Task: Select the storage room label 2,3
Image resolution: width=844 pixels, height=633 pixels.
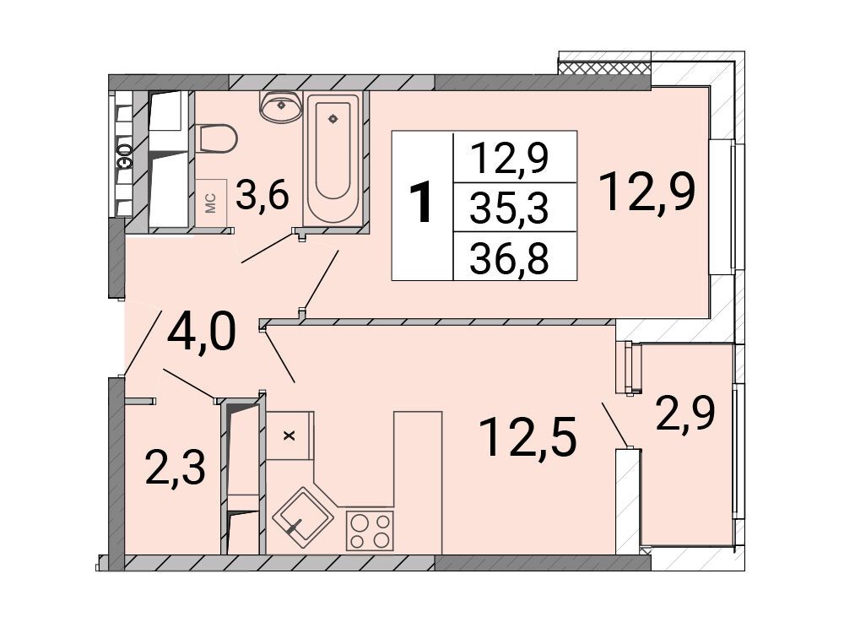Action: pos(176,468)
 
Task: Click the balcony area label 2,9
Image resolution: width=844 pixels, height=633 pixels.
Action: pos(685,414)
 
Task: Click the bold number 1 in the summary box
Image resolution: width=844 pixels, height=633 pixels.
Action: pos(421,203)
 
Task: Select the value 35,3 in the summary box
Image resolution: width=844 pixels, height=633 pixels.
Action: pos(509,208)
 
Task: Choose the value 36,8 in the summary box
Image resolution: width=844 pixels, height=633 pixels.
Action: pos(509,257)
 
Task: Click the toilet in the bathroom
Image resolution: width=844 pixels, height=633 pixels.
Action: pos(217,138)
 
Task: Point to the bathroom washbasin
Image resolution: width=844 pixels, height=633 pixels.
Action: pos(281,106)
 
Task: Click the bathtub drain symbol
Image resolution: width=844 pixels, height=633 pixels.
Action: pos(333,118)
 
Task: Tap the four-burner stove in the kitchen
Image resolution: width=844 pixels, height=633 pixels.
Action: pos(370,531)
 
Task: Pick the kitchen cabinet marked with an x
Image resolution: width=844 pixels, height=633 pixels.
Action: pos(289,436)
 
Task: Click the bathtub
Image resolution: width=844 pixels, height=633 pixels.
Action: pos(333,159)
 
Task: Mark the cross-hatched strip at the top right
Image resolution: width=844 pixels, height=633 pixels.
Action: pos(604,68)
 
